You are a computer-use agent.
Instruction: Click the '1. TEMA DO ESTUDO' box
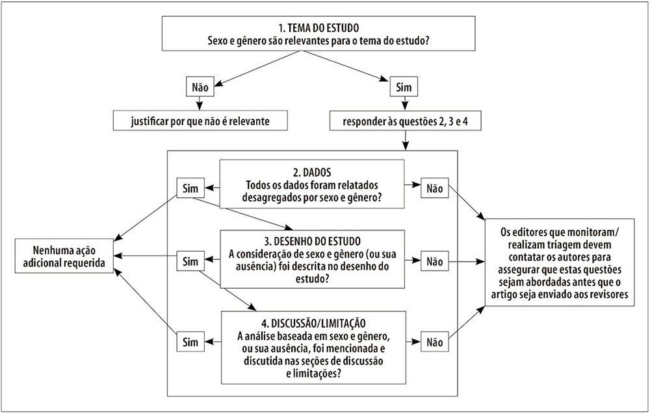(318, 34)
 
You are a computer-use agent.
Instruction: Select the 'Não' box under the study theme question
(200, 88)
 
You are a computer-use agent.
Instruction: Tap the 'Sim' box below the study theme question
(404, 88)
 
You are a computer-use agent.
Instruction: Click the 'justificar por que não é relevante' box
(200, 121)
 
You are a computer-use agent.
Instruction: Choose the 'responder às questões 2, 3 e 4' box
(406, 121)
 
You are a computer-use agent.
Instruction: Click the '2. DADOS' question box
(312, 184)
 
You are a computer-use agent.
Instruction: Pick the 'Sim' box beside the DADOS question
(190, 188)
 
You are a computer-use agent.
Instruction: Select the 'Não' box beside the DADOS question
(434, 188)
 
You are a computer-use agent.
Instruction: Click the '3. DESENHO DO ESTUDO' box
(312, 260)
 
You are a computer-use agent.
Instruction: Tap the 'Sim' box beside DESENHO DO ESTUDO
(190, 262)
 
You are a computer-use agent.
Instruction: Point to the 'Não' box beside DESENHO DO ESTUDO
(434, 262)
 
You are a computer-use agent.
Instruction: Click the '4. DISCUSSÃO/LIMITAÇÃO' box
(313, 348)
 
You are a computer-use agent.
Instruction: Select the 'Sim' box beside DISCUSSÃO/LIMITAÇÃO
(190, 342)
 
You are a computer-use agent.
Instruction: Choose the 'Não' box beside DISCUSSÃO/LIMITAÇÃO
(434, 342)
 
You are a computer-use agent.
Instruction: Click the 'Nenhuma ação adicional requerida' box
(64, 256)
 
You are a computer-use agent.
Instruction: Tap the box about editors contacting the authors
(560, 262)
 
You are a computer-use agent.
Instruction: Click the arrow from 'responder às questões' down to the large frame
(406, 140)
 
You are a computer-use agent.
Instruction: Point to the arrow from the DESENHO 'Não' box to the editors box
(467, 262)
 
